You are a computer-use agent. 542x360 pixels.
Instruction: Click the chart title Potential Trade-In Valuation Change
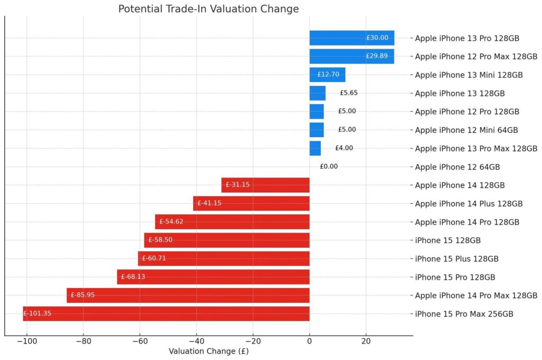click(x=209, y=9)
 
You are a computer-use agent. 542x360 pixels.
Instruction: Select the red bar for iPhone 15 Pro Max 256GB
click(x=166, y=314)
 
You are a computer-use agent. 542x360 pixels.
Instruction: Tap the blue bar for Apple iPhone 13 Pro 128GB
click(x=351, y=38)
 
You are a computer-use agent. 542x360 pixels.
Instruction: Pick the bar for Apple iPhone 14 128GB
click(x=265, y=185)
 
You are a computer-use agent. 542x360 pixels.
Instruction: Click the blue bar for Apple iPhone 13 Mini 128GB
click(x=327, y=75)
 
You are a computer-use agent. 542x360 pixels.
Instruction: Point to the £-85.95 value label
click(x=83, y=295)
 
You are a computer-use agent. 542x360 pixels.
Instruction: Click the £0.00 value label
click(x=329, y=167)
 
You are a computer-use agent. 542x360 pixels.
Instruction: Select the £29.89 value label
click(x=376, y=56)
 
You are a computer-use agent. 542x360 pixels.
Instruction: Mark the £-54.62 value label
click(x=171, y=222)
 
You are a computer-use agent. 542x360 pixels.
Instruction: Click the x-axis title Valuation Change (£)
click(x=209, y=351)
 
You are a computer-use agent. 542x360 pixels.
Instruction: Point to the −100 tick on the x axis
click(x=26, y=341)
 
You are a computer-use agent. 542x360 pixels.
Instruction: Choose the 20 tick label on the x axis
click(x=366, y=341)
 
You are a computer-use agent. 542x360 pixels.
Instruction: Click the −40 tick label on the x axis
click(x=196, y=341)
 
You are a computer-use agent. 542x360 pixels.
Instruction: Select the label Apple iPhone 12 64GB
click(x=457, y=167)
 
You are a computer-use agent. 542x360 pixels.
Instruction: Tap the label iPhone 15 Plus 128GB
click(x=457, y=259)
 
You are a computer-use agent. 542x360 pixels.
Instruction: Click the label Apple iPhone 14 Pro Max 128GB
click(x=476, y=295)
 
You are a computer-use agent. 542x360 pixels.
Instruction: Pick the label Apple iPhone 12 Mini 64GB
click(x=466, y=130)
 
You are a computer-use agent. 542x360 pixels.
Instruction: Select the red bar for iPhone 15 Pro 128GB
click(x=213, y=277)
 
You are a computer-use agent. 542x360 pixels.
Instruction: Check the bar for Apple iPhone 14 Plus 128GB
click(x=251, y=203)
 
